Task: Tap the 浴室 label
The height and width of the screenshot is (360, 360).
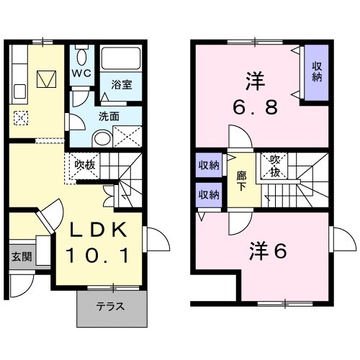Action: coord(120,85)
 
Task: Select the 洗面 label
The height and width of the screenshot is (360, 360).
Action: coord(109,115)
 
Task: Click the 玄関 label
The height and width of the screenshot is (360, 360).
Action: coord(21,256)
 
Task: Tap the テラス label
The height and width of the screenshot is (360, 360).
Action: coord(111,306)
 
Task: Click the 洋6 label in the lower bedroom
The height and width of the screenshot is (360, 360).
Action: coord(269,252)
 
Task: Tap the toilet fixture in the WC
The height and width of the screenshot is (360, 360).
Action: coord(81,57)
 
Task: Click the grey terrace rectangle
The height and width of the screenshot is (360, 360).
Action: coord(112,307)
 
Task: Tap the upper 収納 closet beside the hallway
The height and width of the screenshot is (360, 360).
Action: coord(209,165)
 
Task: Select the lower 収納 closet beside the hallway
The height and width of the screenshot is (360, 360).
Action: coord(209,194)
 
